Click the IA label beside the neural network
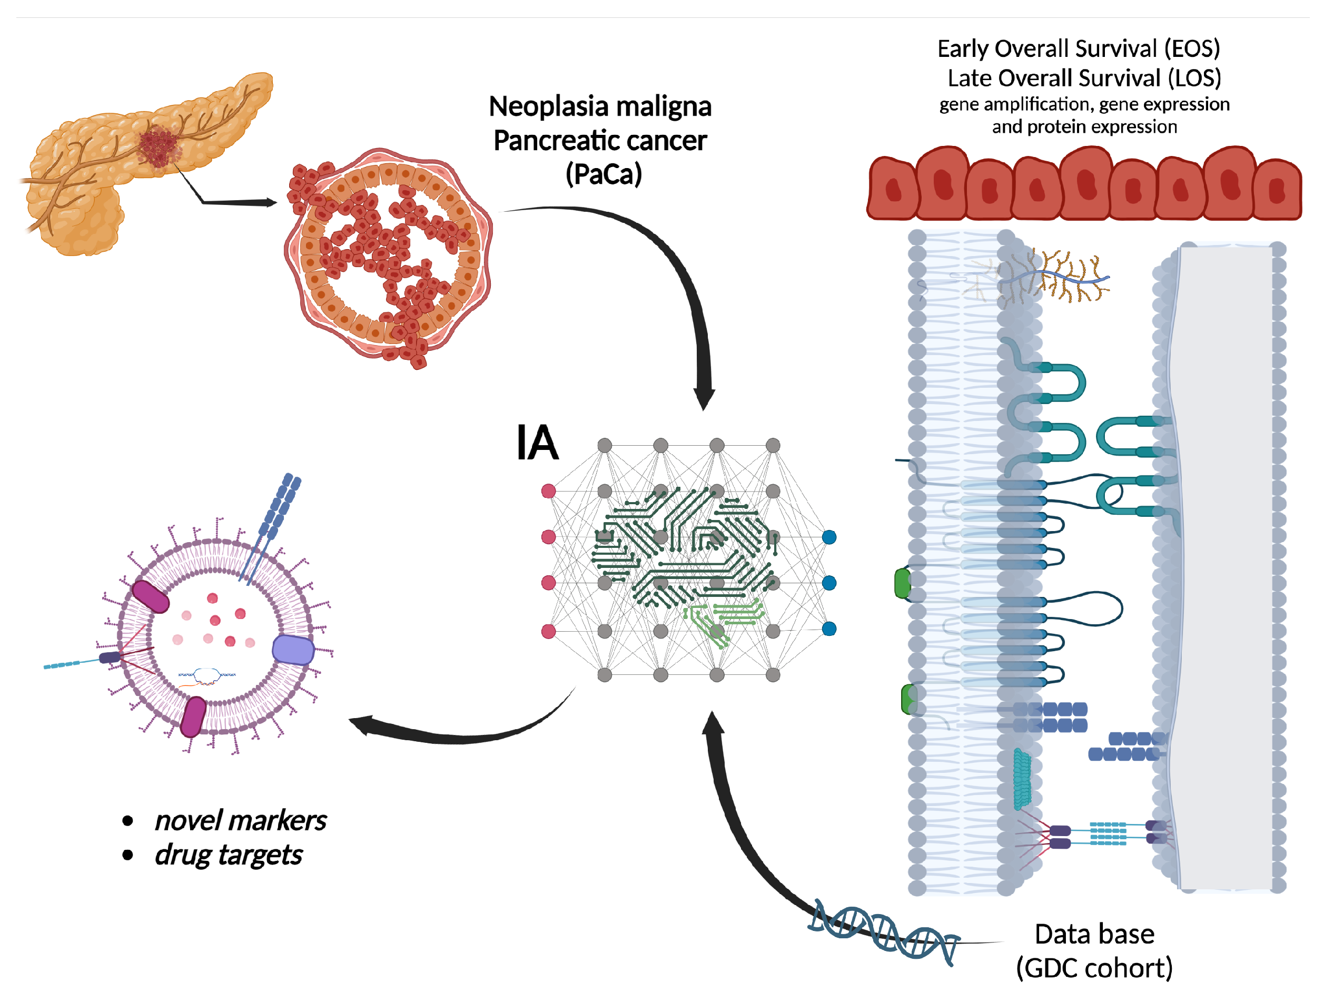point(537,444)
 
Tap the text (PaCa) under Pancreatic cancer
point(604,175)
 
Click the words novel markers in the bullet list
point(240,821)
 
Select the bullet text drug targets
point(228,855)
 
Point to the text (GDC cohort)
point(1094,969)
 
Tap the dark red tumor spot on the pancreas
point(159,146)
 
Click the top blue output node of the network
point(829,537)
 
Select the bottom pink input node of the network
point(548,631)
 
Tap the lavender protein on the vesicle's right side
point(293,650)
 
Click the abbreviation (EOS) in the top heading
point(1192,49)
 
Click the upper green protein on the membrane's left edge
point(903,583)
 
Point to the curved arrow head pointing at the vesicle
point(362,724)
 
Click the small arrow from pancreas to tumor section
point(240,202)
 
